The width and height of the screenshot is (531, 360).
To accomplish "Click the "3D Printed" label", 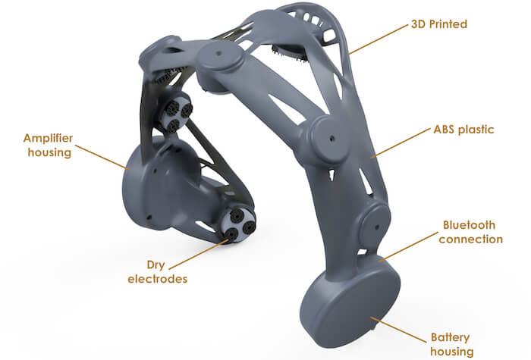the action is [x=439, y=24].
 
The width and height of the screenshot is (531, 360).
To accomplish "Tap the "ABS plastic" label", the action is [x=463, y=130].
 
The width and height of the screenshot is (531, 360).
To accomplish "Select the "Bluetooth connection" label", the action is [x=470, y=232].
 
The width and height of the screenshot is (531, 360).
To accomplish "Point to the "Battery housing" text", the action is [x=451, y=344].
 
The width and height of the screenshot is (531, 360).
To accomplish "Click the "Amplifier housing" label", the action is [x=49, y=146].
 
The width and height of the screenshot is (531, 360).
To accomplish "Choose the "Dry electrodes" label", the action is [x=157, y=271].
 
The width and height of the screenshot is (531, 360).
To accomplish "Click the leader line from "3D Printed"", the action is [x=379, y=39].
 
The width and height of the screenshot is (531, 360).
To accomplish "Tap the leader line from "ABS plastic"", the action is [x=401, y=143].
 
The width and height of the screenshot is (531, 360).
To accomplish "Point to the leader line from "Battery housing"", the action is [x=398, y=330].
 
